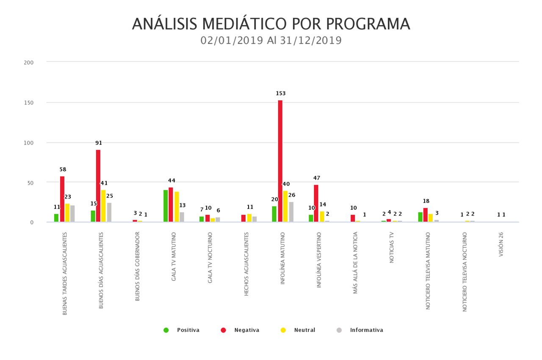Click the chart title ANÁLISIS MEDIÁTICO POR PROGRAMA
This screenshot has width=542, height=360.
coord(271,24)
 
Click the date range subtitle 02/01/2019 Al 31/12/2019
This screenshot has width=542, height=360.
coord(271,41)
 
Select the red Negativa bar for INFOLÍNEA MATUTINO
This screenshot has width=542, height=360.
coord(280,161)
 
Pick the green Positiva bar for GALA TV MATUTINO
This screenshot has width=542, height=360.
coord(166,206)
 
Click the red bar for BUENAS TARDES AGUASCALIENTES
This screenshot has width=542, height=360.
coord(62,199)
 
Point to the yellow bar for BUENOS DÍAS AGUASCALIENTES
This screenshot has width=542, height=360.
coord(103,206)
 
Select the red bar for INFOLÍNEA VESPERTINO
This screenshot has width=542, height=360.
coord(316,203)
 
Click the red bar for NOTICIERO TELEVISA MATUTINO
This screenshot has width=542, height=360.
coord(426,215)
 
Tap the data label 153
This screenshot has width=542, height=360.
coord(281,93)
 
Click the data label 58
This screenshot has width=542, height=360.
coord(63,169)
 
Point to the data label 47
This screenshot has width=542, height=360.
coord(317,178)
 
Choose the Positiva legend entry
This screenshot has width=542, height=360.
coord(182,330)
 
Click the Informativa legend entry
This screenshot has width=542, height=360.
coord(360,330)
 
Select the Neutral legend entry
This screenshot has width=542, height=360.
coord(299,330)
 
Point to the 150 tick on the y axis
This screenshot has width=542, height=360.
coord(29,102)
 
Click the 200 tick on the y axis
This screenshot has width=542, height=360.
coord(29,62)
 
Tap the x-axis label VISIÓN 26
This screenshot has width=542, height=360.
coord(501,244)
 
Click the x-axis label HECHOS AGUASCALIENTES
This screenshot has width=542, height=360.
coord(246,263)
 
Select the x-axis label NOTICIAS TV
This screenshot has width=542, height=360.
coord(392,247)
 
